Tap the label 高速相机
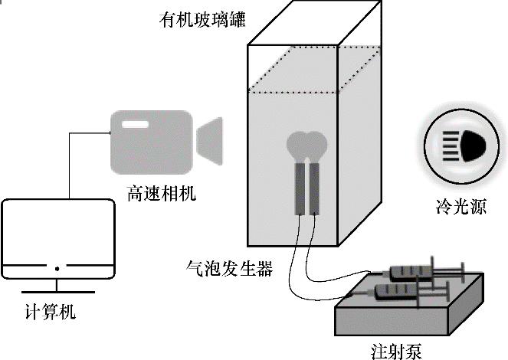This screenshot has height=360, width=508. point(161,193)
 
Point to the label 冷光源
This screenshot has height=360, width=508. point(457,206)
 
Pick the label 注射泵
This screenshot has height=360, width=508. point(394,349)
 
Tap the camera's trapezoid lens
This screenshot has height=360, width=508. point(208,140)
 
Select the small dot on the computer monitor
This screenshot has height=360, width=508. point(57,268)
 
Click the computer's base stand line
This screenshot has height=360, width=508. point(57,292)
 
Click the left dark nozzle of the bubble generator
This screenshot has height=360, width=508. point(299,188)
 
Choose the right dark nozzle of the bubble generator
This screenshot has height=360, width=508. point(315,188)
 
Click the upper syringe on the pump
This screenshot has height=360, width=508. point(418,270)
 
